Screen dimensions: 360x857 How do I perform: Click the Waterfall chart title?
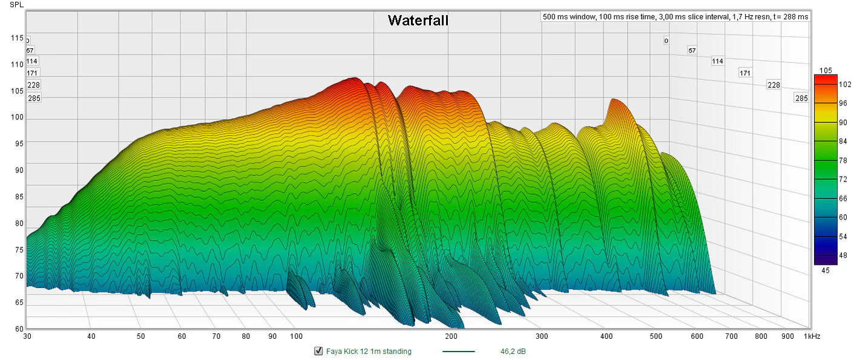(418, 21)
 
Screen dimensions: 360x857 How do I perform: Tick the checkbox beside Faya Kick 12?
(318, 351)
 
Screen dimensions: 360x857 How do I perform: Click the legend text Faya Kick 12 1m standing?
(369, 351)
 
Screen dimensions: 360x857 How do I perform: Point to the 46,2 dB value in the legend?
(513, 351)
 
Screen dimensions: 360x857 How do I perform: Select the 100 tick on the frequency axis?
(296, 336)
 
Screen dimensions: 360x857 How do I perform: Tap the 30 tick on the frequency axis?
(27, 336)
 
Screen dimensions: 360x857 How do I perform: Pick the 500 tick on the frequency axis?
(656, 336)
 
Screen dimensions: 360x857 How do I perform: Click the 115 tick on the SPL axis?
(17, 38)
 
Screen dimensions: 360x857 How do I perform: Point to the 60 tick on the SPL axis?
(19, 329)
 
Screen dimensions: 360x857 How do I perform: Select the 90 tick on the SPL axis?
(19, 170)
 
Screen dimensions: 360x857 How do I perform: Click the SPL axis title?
(17, 5)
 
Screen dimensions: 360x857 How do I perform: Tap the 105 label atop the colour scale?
(826, 71)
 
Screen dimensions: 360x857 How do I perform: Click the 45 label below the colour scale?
(826, 270)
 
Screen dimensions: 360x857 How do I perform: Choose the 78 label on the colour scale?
(842, 161)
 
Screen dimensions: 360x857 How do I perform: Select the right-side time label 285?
(801, 98)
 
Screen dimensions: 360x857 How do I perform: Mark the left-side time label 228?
(33, 85)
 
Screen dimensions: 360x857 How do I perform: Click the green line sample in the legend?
(459, 351)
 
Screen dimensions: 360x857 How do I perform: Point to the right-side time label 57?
(692, 50)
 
